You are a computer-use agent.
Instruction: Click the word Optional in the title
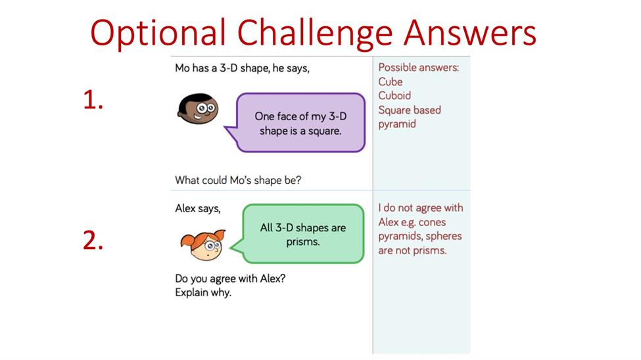[x=158, y=33]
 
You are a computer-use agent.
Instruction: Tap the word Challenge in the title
[x=315, y=33]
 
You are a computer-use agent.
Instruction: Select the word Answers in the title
[x=469, y=32]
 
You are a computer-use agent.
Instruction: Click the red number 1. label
[x=93, y=100]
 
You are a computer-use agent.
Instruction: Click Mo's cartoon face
[x=198, y=108]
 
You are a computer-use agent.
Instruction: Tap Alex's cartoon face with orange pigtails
[x=203, y=245]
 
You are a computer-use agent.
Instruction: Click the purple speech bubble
[x=296, y=123]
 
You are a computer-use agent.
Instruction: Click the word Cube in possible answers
[x=391, y=81]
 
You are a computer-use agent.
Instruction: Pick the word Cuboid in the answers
[x=394, y=96]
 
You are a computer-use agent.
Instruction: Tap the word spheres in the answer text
[x=444, y=236]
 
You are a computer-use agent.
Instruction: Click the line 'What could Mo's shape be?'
[x=238, y=180]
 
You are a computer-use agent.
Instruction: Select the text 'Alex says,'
[x=198, y=208]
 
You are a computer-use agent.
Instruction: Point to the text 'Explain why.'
[x=203, y=292]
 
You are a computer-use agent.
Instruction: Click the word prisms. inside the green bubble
[x=303, y=242]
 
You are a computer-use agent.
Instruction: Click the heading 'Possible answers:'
[x=419, y=68]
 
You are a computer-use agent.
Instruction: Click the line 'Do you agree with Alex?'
[x=230, y=279]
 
